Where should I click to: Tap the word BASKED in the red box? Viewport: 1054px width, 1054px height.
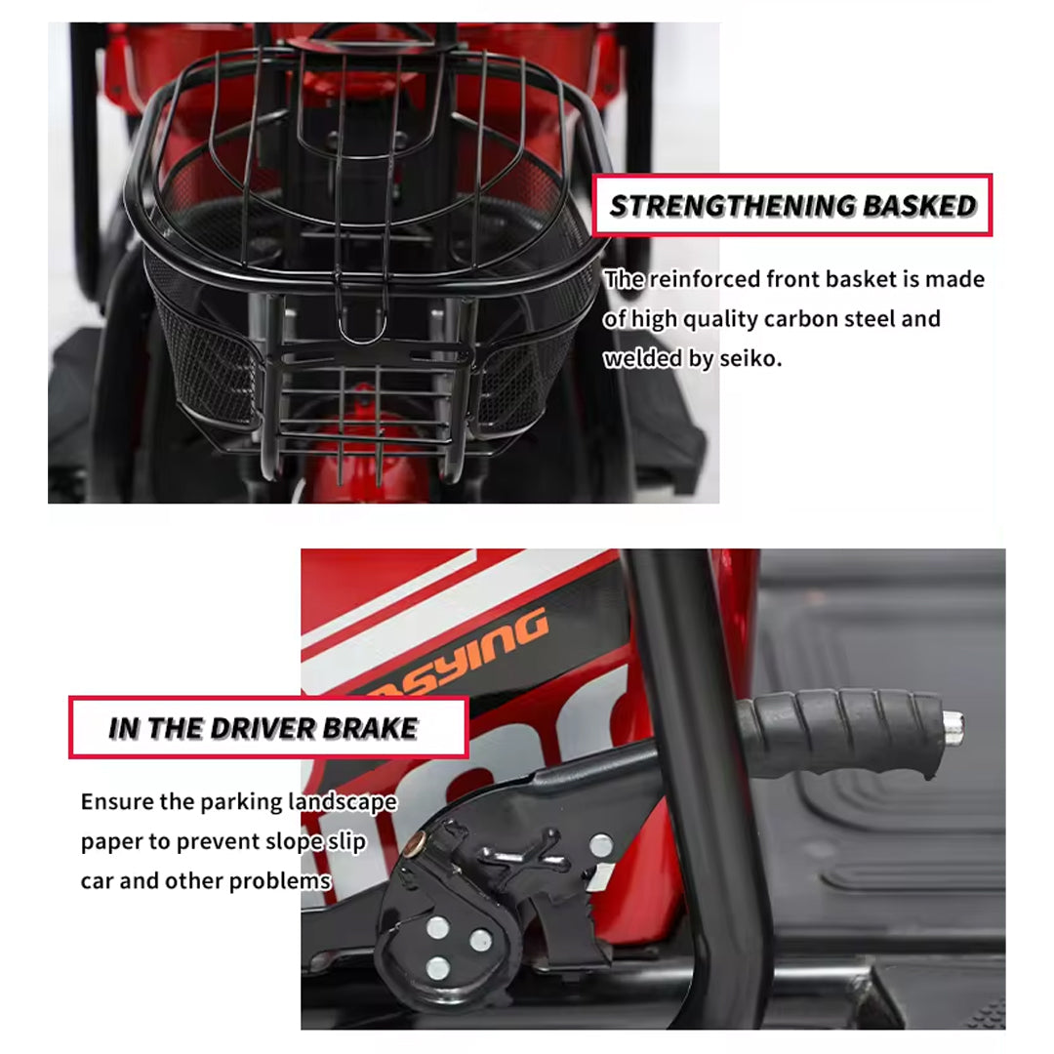point(919,206)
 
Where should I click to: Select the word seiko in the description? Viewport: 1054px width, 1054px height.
point(750,358)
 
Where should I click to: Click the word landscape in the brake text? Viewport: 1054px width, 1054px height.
point(343,802)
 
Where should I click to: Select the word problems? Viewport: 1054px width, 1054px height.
point(280,881)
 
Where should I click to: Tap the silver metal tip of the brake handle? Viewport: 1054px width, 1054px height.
point(953,728)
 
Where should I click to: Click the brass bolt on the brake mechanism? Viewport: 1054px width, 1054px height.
point(416,840)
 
